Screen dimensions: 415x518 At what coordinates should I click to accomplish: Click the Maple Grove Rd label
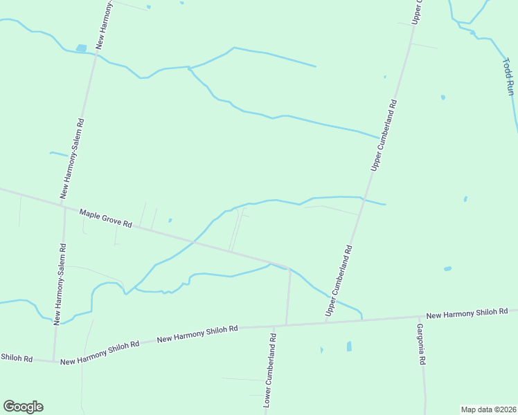coord(105,219)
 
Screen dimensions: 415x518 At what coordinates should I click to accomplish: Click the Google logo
coord(23,407)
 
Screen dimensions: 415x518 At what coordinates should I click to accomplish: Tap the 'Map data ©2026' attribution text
coord(488,409)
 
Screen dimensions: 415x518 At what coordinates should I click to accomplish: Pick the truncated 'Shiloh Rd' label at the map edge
coord(17,358)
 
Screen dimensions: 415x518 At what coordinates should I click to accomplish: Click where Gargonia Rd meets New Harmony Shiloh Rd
coord(418,318)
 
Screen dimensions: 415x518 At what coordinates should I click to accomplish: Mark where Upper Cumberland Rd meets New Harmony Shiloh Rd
coord(325,322)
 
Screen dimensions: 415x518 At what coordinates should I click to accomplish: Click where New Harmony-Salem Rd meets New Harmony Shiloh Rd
coord(55,360)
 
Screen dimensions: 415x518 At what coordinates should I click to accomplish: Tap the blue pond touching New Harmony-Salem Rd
coord(82,48)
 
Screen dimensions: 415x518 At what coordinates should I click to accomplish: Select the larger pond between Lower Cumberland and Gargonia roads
coord(349,346)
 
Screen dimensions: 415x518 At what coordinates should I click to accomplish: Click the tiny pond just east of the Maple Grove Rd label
coord(170,221)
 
